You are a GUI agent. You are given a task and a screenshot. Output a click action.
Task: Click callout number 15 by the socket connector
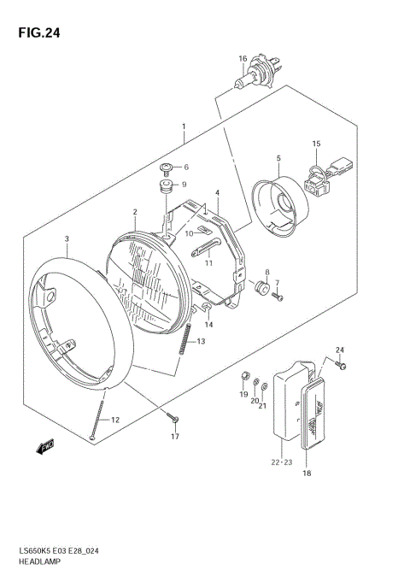[315, 144]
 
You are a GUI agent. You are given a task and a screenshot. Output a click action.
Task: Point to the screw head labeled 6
[167, 167]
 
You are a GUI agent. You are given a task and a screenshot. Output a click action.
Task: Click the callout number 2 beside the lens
[135, 212]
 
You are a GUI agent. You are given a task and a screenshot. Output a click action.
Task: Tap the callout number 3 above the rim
[67, 239]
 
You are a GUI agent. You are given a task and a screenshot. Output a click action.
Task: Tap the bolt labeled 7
[278, 296]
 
